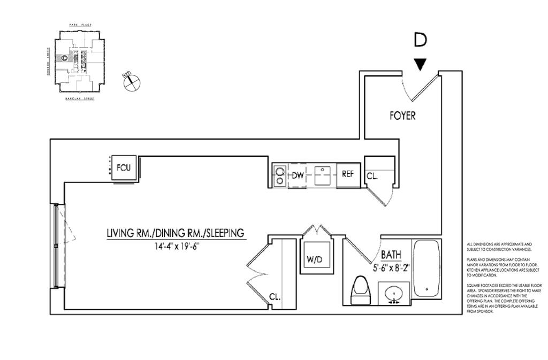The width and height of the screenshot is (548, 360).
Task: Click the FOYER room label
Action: [402, 116]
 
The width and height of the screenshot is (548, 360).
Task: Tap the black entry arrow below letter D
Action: [421, 64]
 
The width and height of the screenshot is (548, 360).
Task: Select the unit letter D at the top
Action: [421, 40]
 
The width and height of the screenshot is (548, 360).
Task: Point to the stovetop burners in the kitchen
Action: [279, 175]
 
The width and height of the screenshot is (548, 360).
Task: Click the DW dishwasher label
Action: [298, 175]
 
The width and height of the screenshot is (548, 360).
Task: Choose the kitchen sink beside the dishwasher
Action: [322, 175]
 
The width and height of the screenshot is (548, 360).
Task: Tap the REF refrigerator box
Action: [348, 174]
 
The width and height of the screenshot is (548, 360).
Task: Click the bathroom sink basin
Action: [395, 293]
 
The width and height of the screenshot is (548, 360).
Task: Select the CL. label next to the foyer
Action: [372, 175]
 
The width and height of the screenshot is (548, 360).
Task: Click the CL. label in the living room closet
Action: [275, 297]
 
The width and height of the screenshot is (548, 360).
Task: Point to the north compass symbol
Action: [131, 83]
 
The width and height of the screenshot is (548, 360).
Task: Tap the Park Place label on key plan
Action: [78, 25]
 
